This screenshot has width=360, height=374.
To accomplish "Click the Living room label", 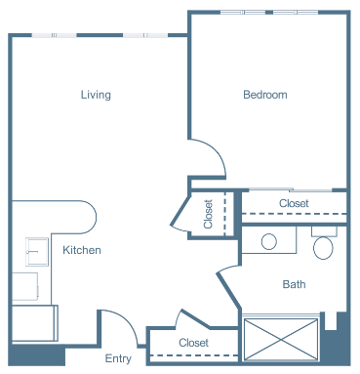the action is click(x=96, y=95).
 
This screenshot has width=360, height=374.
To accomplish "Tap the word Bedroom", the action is click(x=265, y=95).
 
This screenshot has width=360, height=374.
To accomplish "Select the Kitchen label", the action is click(x=82, y=250).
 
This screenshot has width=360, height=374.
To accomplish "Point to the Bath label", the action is click(x=294, y=284).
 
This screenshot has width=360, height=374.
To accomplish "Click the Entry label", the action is click(x=118, y=358).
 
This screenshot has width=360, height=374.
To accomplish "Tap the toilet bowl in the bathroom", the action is click(x=323, y=248).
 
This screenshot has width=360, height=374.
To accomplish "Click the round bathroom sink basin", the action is click(x=269, y=242).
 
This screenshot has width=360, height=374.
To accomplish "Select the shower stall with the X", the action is click(x=281, y=339).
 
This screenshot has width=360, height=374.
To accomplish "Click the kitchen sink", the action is click(x=37, y=252).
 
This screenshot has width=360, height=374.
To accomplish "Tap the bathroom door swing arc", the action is click(x=227, y=269).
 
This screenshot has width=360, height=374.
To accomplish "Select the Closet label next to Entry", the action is click(x=193, y=343).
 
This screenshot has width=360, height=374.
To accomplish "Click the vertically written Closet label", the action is click(x=208, y=214).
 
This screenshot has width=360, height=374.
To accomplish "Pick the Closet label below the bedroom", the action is click(x=294, y=203).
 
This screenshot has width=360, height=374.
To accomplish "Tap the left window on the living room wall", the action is click(x=54, y=35).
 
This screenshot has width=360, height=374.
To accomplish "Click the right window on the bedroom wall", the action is click(x=296, y=13).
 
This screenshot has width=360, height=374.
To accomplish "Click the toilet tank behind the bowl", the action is click(x=324, y=231).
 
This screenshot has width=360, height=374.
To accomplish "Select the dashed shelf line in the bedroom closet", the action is click(x=295, y=214).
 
